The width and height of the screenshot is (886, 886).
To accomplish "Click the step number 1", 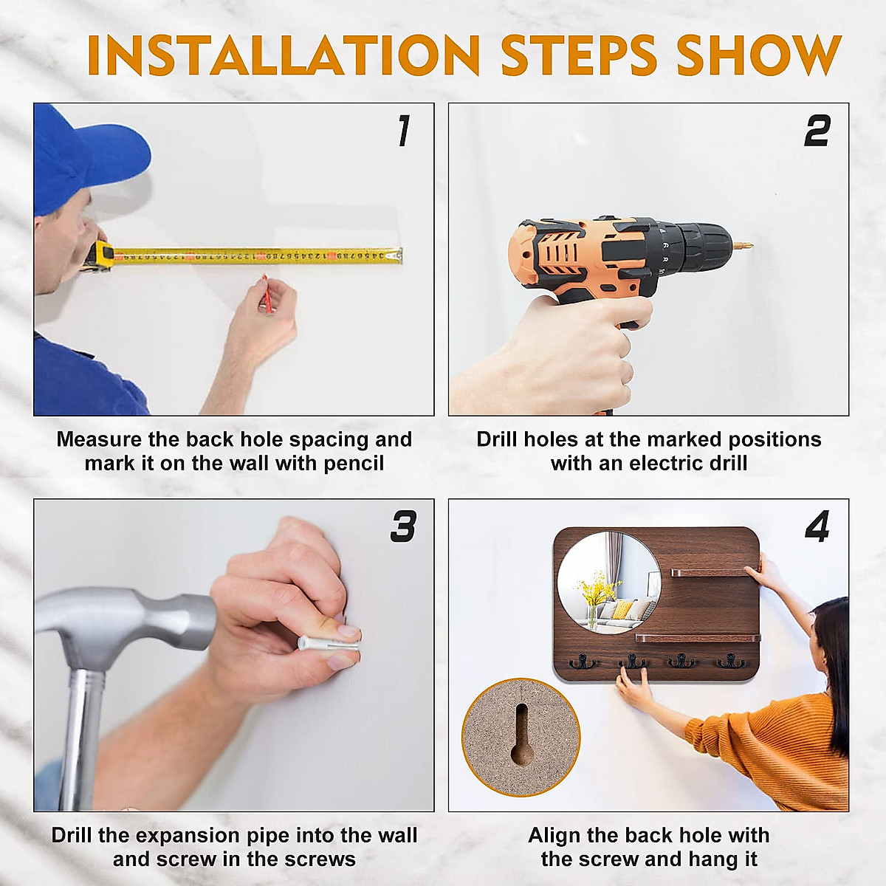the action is (404, 131).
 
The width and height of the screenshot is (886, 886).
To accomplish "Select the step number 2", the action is (817, 131).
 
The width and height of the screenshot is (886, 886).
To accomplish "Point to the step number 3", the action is (403, 526).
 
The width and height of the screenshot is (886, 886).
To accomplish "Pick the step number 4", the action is (817, 526).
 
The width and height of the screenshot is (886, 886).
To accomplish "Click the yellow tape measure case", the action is (99, 255).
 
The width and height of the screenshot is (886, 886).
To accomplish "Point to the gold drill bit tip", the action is (744, 245).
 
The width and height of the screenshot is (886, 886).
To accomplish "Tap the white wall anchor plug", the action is (329, 643).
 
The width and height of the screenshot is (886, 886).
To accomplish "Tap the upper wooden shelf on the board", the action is (710, 573).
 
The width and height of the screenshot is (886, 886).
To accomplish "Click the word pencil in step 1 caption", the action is (354, 464).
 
